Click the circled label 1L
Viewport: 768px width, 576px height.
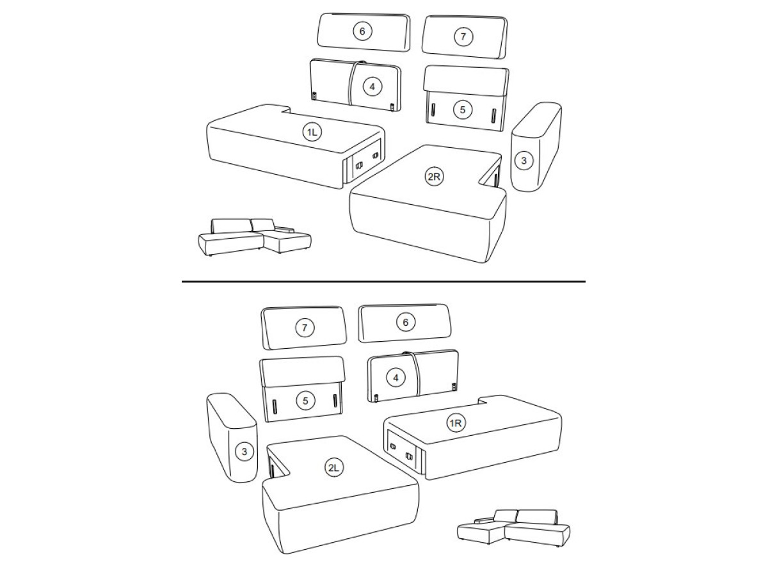tap(312, 132)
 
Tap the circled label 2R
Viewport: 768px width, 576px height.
tap(434, 177)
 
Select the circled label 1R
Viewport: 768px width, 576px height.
tap(456, 424)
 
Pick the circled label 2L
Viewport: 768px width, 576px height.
tap(334, 468)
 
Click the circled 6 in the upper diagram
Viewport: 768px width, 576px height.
tap(362, 31)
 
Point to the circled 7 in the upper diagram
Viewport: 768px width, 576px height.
tap(463, 36)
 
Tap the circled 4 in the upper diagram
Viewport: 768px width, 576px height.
tap(372, 87)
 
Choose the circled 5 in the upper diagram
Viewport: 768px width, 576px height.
tap(462, 110)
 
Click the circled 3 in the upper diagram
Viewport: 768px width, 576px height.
tap(524, 161)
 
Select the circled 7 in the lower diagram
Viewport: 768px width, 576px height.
tap(305, 328)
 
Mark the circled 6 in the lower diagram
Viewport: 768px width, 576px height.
tap(406, 322)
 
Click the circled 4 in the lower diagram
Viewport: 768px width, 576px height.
tap(396, 378)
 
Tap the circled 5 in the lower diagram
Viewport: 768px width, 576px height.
tap(305, 401)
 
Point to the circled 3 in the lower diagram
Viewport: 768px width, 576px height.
tap(244, 451)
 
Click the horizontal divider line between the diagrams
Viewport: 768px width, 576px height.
tap(383, 281)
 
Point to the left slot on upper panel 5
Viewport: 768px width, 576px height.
tap(433, 111)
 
